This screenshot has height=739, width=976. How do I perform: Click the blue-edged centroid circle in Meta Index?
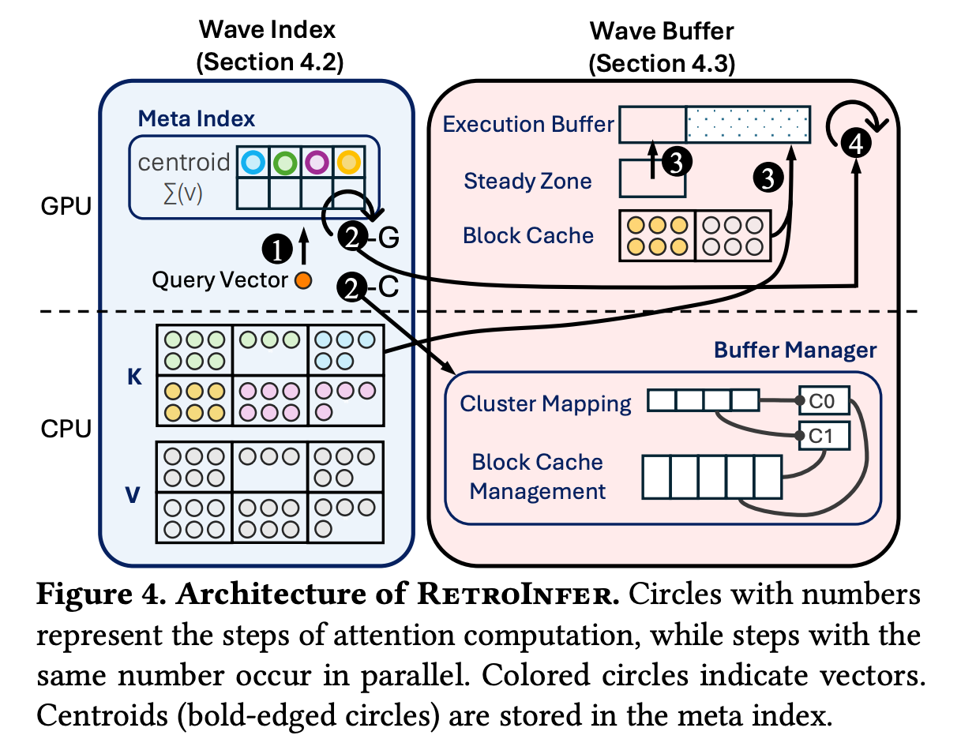[x=253, y=163]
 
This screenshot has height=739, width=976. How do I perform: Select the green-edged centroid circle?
[x=284, y=163]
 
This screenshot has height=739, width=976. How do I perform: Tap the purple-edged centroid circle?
[x=316, y=163]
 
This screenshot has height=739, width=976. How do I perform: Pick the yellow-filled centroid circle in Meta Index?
[x=347, y=163]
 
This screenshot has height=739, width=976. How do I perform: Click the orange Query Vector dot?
[x=301, y=279]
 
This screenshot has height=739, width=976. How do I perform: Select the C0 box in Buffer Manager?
[x=824, y=401]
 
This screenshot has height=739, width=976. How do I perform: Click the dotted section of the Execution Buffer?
[x=746, y=125]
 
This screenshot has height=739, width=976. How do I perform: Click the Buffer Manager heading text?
[x=795, y=349]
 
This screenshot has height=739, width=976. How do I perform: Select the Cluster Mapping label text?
[x=546, y=404]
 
